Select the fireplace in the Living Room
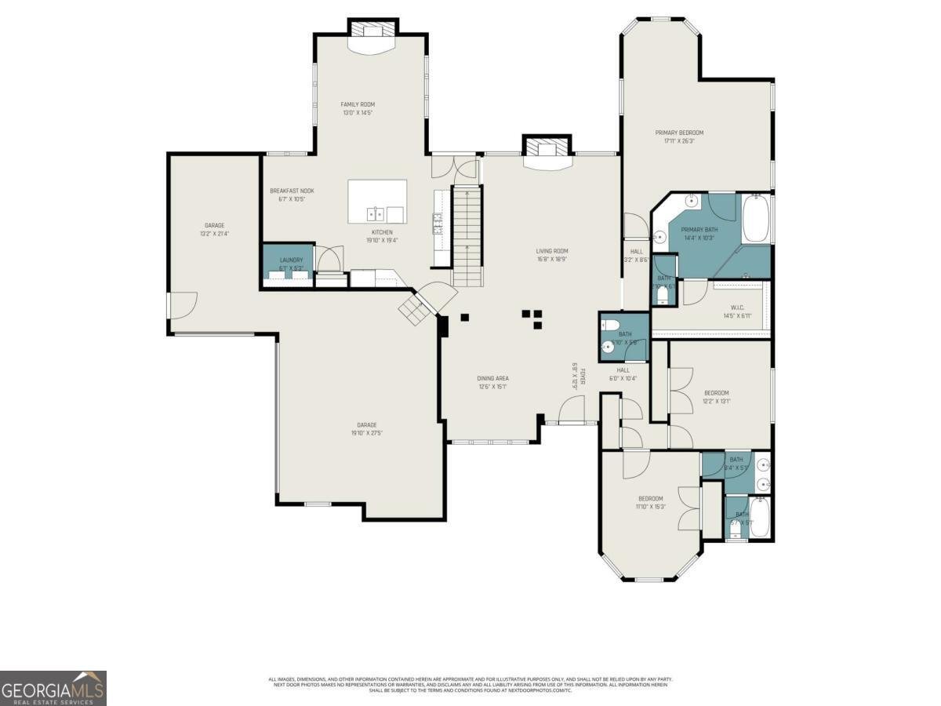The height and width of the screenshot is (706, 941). (547, 149)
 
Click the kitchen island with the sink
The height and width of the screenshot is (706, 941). (377, 202)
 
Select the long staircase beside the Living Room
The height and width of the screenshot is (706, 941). (466, 235)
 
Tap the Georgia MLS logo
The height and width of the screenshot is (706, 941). (53, 688)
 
